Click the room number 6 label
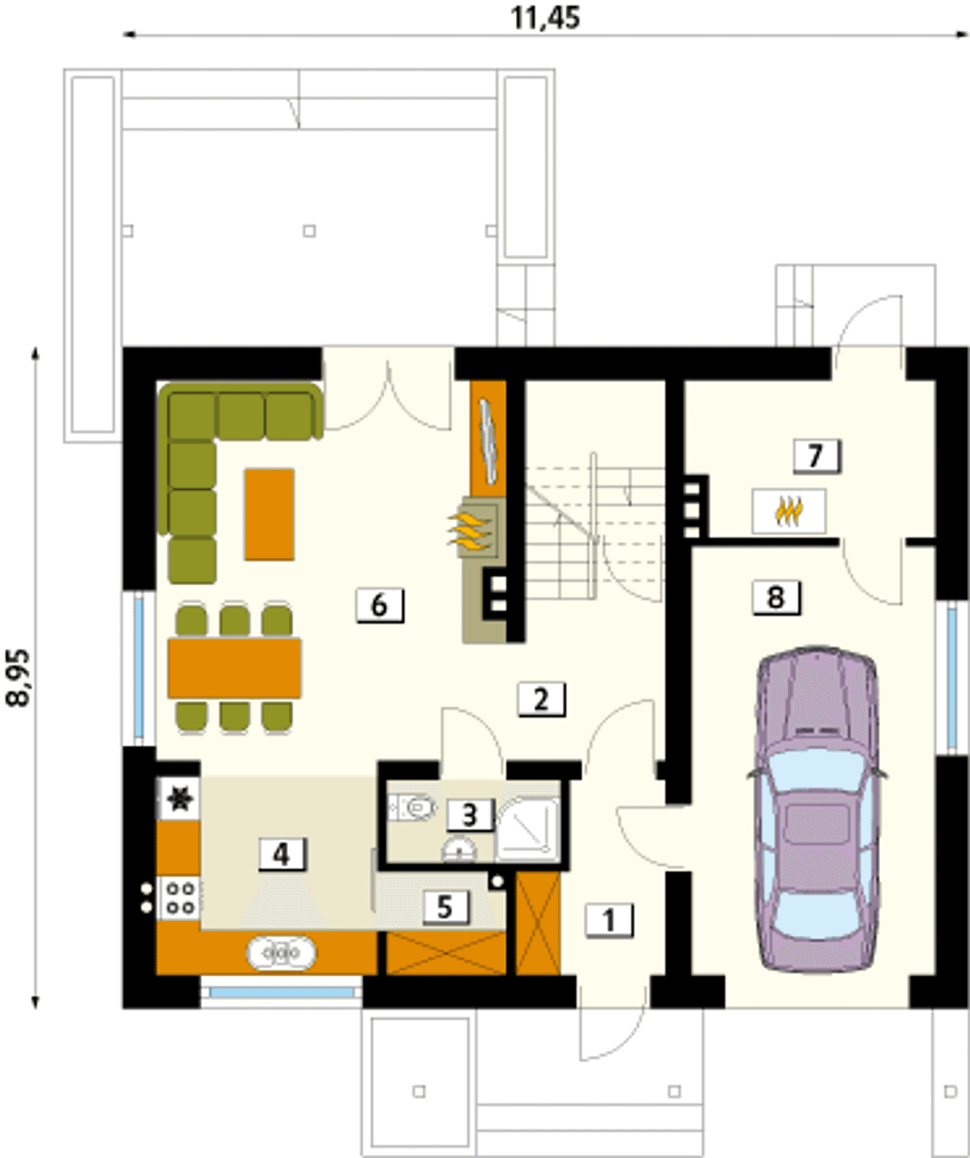pos(380,605)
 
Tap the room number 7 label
pos(816,456)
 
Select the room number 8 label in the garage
pos(776,597)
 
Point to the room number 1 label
pos(609,921)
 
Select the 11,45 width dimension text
pos(545,17)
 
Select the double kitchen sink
pos(281,954)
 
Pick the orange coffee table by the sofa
pos(270,514)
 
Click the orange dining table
pos(235,668)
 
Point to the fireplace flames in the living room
pos(470,532)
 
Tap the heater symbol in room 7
pos(789,512)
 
